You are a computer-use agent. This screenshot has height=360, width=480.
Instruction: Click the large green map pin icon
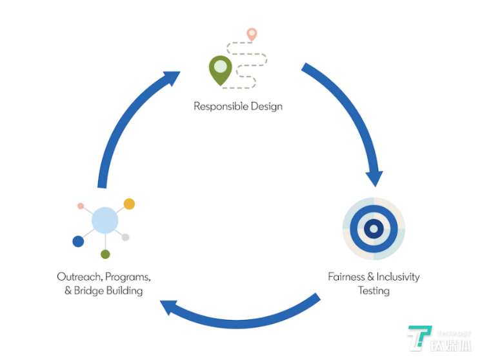tap(220, 68)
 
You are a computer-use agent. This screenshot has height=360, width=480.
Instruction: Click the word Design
tap(266, 106)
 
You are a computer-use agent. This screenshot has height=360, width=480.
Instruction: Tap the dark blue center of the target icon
tap(373, 228)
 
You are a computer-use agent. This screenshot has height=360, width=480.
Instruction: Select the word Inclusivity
tap(397, 277)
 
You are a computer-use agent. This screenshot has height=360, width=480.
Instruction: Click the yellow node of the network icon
tap(129, 204)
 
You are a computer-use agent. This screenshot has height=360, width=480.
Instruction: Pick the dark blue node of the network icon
tap(78, 241)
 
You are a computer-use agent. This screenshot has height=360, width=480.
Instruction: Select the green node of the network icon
tap(105, 254)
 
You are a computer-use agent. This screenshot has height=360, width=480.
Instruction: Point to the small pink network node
tap(81, 206)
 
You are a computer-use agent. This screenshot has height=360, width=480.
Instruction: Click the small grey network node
tap(126, 237)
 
